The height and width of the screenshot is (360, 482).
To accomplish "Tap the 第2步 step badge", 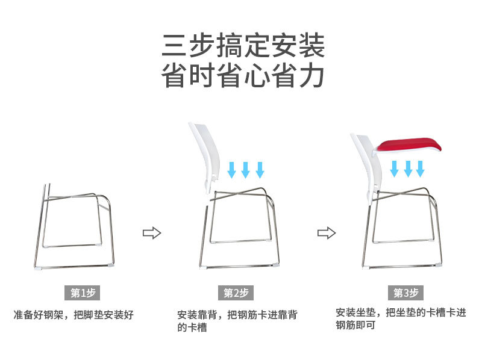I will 236,293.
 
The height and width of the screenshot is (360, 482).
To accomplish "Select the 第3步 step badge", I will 406,293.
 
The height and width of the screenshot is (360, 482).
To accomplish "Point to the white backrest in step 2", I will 202,154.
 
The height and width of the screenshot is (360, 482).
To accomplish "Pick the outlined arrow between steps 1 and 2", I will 152,233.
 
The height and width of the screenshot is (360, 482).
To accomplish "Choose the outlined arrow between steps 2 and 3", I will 327,233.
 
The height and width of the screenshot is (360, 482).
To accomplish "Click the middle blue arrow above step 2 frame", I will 245,169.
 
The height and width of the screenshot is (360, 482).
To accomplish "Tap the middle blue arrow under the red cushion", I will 408,168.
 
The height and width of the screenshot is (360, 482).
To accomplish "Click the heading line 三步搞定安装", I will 243,45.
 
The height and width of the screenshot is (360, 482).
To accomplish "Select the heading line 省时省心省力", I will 243,76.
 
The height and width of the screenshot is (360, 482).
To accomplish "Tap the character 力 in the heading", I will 312,76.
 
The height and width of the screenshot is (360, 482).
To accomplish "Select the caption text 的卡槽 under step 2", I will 192,329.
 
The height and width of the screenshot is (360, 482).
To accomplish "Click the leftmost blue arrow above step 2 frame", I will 231,169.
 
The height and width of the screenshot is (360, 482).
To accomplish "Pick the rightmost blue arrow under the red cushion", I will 422,168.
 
